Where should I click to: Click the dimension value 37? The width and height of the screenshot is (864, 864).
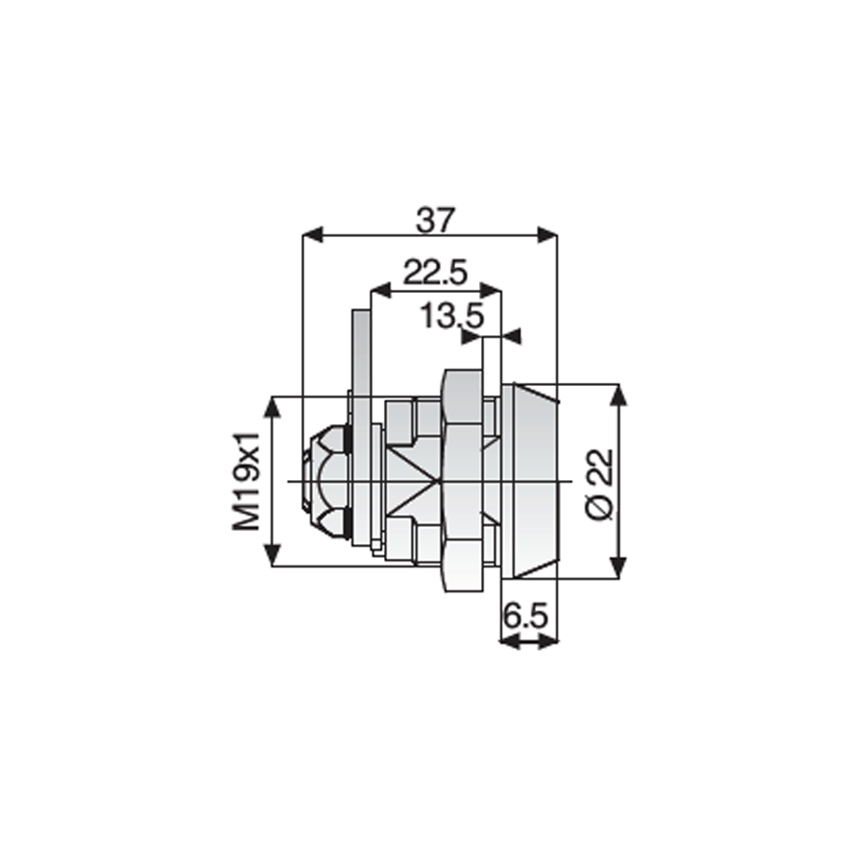click(435, 221)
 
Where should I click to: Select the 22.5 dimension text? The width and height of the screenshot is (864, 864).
click(435, 273)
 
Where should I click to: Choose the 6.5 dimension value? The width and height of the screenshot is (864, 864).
click(529, 615)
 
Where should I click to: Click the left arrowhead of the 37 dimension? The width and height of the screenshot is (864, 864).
click(312, 235)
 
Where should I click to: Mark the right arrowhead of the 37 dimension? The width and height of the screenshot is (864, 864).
click(548, 235)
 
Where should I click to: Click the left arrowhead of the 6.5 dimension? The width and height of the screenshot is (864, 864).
click(510, 641)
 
